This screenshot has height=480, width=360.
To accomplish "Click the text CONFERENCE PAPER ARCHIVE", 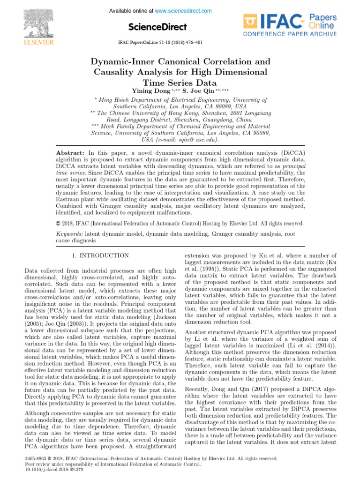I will (289, 34).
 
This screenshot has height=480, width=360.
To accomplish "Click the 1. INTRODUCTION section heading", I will (101, 256).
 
